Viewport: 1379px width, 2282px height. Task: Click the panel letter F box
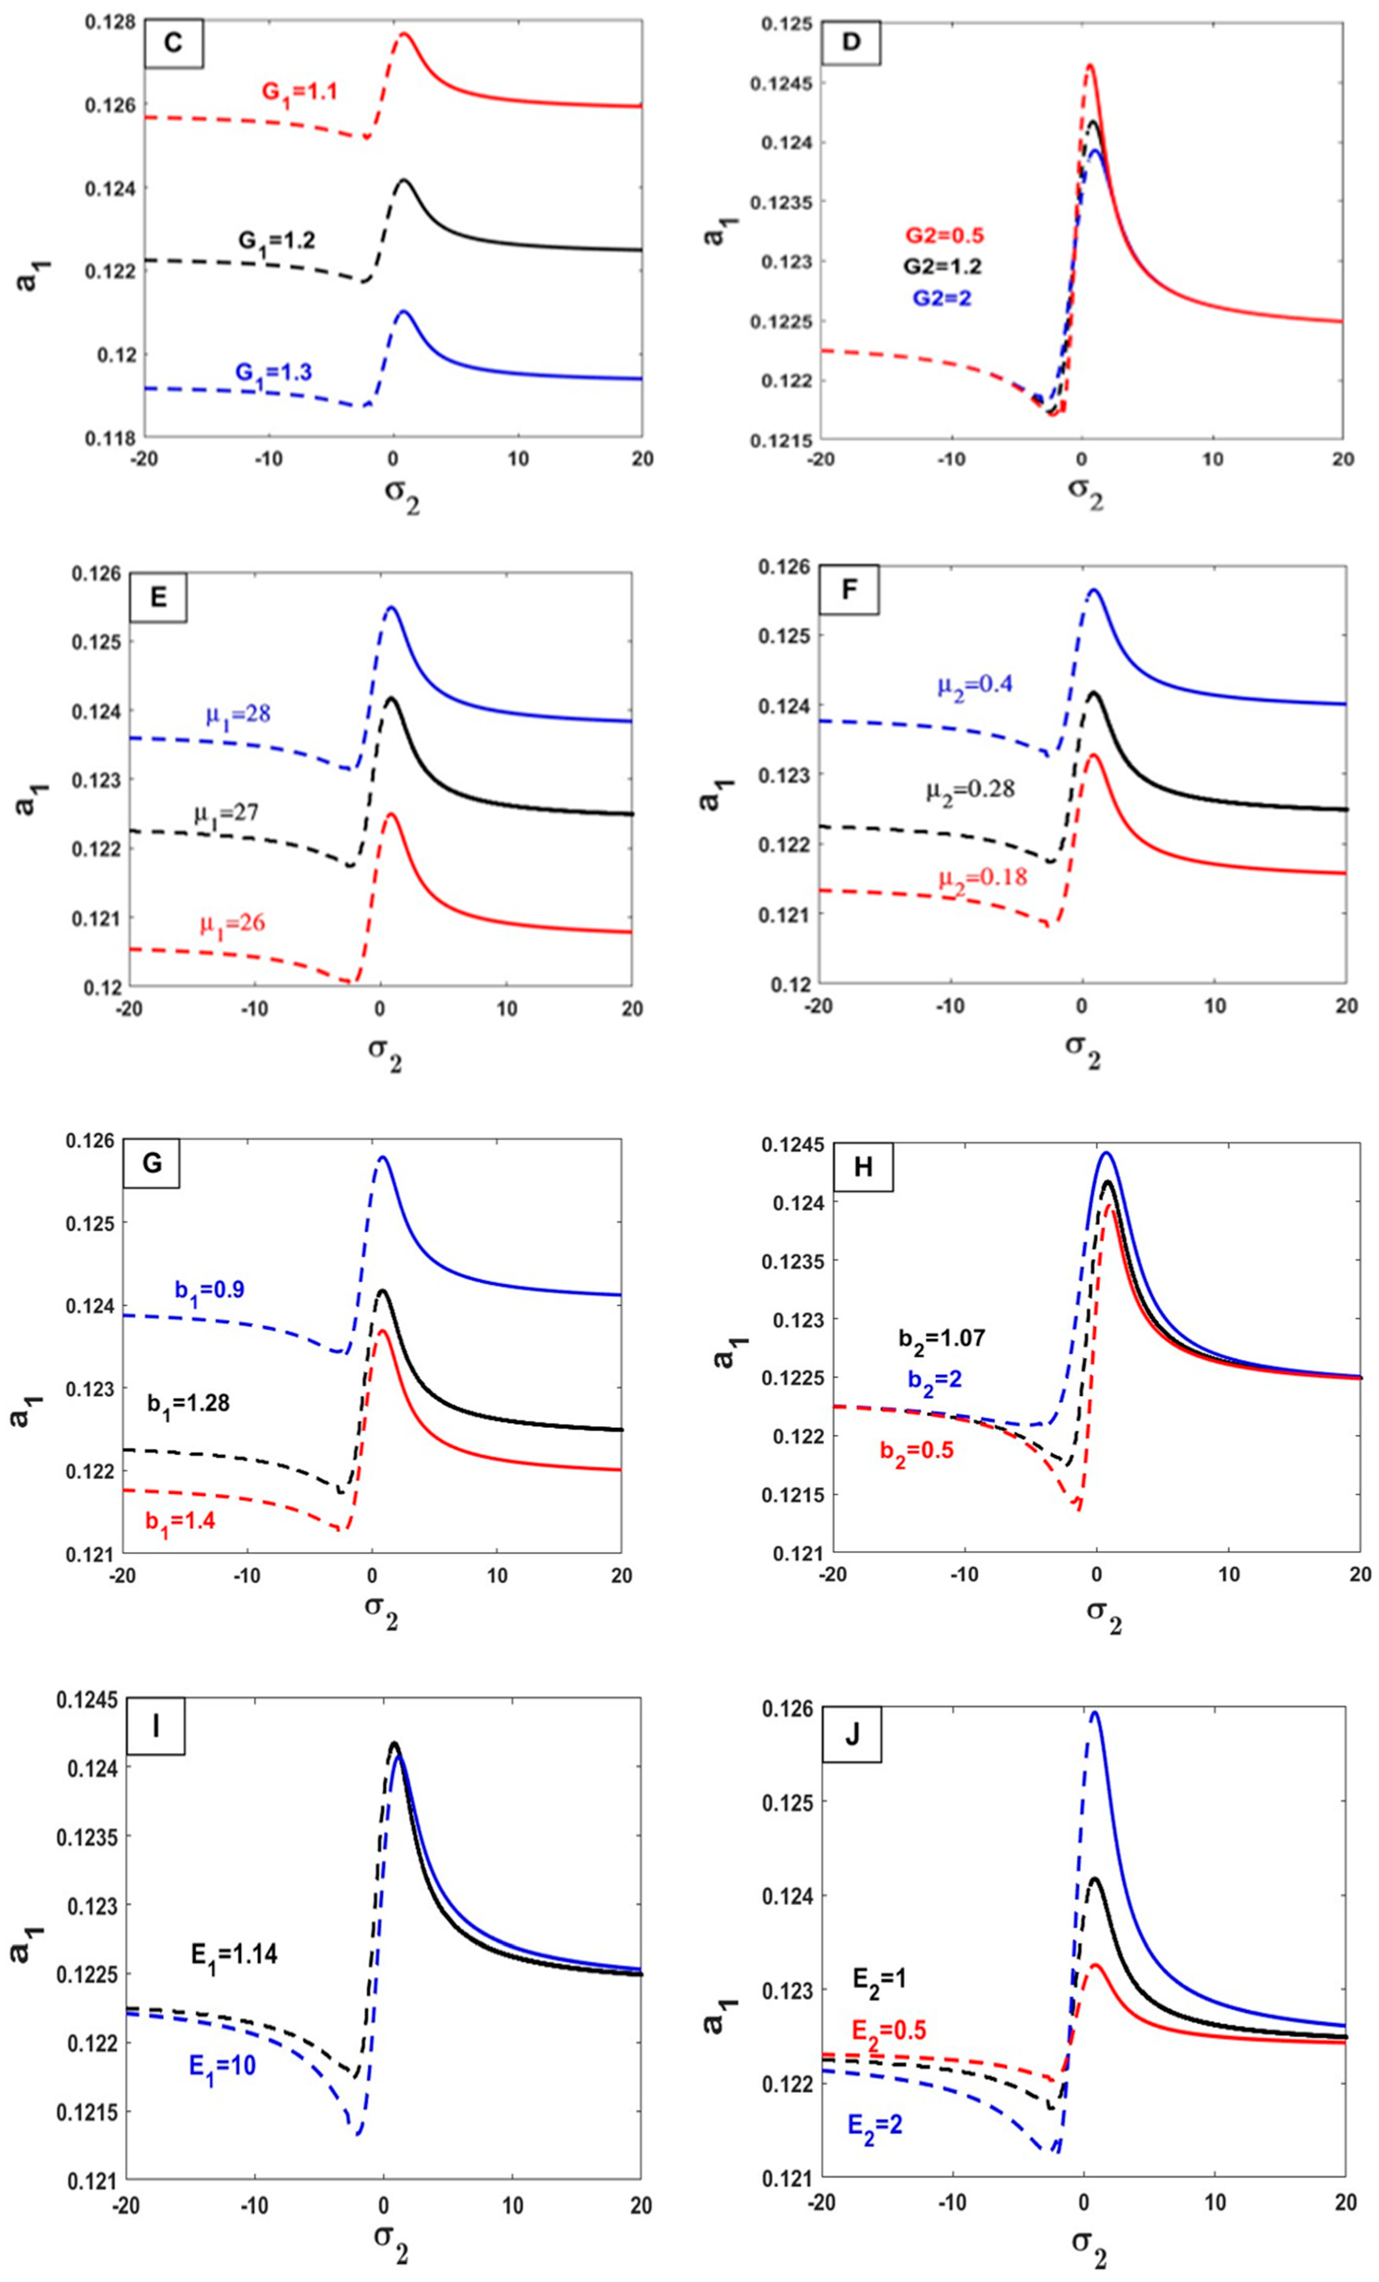pyautogui.click(x=849, y=593)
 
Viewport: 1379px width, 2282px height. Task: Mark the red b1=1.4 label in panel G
pyautogui.click(x=180, y=1521)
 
